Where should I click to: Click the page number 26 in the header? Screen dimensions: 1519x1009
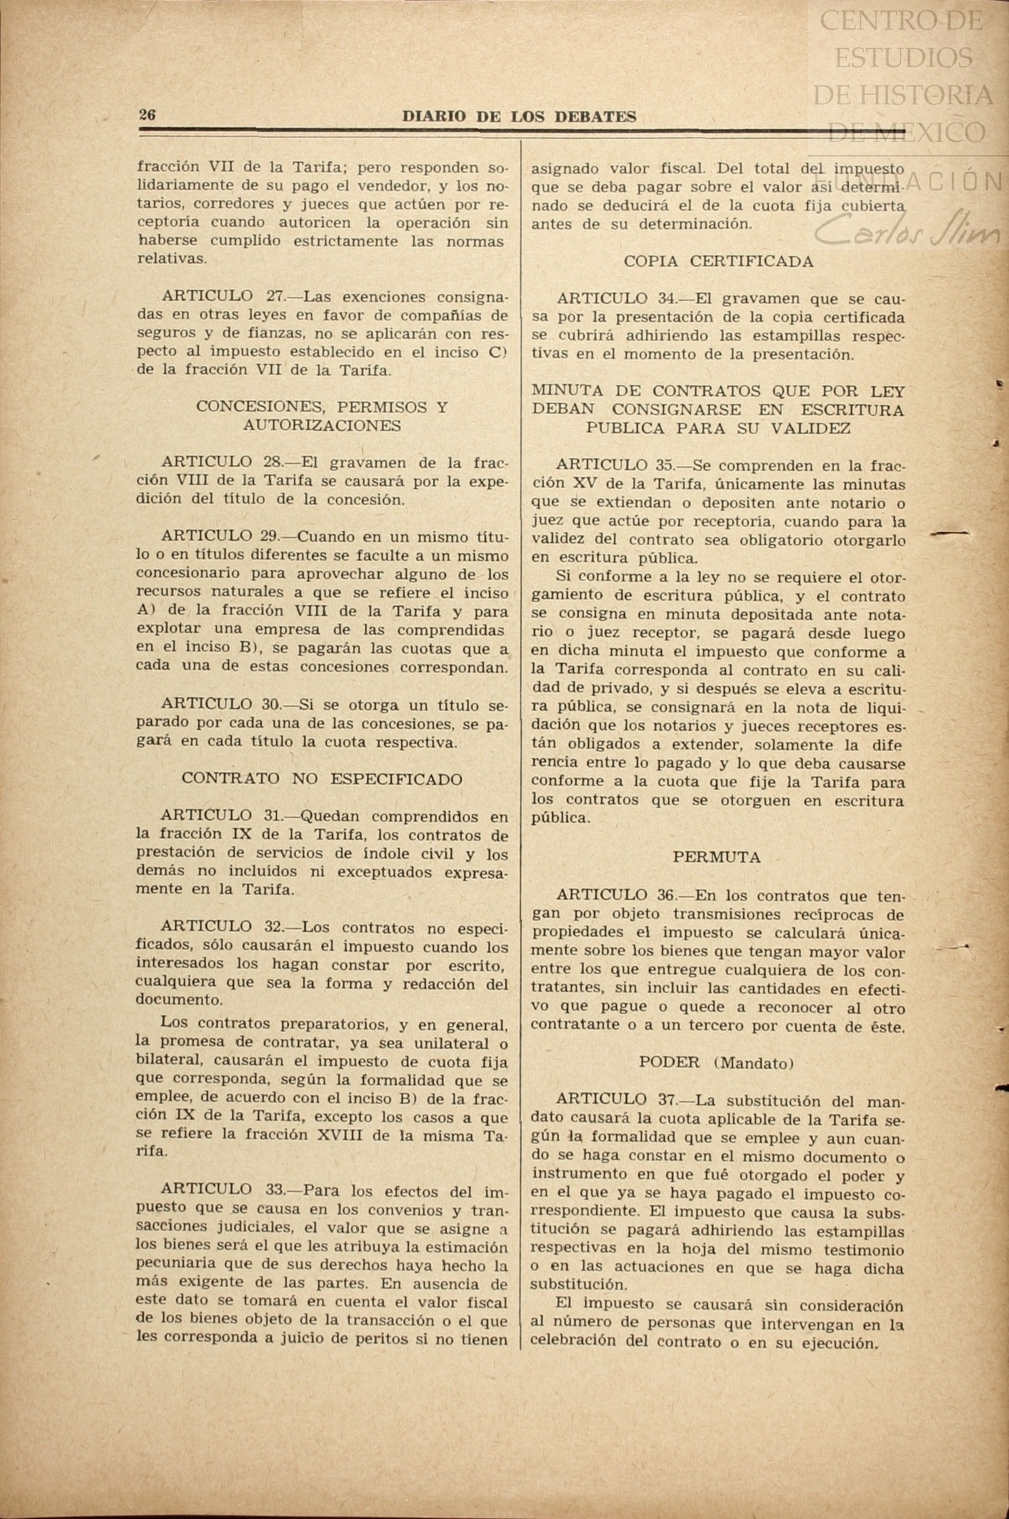[147, 115]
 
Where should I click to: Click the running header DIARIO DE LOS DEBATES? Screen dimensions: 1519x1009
[519, 116]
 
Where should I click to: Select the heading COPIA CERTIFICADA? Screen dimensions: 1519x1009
[718, 261]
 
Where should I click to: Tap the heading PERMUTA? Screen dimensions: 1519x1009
[716, 857]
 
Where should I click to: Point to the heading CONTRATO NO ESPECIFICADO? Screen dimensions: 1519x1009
[322, 779]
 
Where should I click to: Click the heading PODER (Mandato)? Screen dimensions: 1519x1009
[716, 1063]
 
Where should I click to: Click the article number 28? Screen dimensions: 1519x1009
[272, 463]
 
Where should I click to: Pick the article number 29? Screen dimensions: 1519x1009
[270, 537]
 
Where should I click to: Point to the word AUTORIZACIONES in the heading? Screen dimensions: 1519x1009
[322, 425]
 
